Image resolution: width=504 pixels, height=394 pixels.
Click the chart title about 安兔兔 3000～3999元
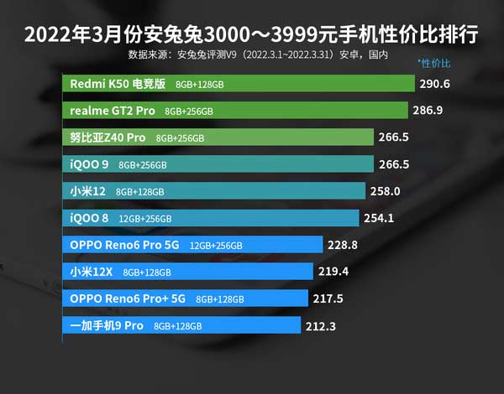click(x=252, y=36)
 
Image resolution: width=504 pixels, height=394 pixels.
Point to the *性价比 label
click(x=434, y=64)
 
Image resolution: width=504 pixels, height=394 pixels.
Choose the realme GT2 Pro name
click(x=113, y=111)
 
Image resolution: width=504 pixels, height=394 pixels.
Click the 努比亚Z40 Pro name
click(x=108, y=137)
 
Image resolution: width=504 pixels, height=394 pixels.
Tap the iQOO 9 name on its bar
click(x=89, y=164)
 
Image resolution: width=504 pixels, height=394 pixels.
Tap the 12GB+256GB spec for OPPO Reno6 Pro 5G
click(x=216, y=246)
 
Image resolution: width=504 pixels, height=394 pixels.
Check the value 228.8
click(x=344, y=245)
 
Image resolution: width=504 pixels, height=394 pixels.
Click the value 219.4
click(x=333, y=272)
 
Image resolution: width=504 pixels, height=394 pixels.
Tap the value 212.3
click(x=320, y=325)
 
